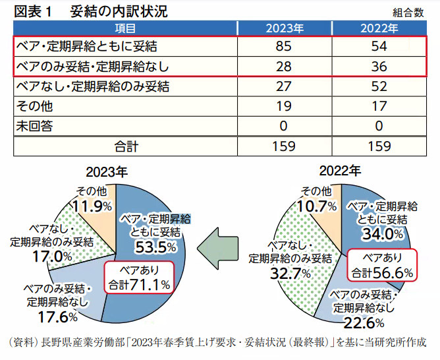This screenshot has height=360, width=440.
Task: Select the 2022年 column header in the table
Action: click(x=379, y=28)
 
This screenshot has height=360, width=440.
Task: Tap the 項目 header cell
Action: click(x=125, y=28)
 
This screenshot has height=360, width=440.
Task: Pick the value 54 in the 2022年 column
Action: click(x=379, y=47)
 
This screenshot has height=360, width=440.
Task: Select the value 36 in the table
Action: click(x=379, y=67)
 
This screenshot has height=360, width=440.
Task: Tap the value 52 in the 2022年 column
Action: click(x=379, y=86)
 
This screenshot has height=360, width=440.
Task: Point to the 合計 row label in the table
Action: click(x=125, y=146)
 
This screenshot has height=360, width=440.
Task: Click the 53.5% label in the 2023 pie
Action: click(x=155, y=247)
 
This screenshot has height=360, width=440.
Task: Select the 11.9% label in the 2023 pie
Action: click(x=92, y=206)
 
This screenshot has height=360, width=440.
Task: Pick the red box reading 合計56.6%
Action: click(x=382, y=264)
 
